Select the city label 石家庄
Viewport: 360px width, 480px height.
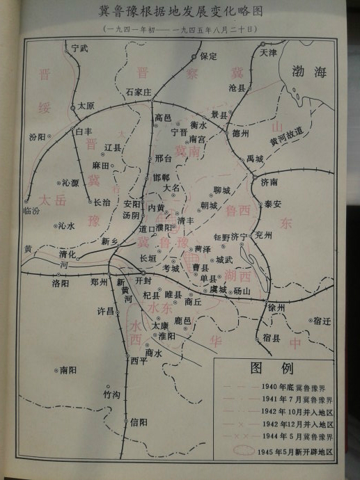pyautogui.click(x=139, y=91)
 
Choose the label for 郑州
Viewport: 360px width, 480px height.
pyautogui.click(x=100, y=282)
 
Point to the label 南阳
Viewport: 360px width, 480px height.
pyautogui.click(x=68, y=371)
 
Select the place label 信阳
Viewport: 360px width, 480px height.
pyautogui.click(x=139, y=422)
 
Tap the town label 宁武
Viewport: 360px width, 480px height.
pyautogui.click(x=81, y=48)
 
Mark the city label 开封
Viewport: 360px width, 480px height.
pyautogui.click(x=143, y=281)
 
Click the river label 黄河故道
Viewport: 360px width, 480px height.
pyautogui.click(x=288, y=137)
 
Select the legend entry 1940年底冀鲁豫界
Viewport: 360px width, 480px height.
pyautogui.click(x=297, y=387)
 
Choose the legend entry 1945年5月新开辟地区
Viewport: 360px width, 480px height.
pyautogui.click(x=295, y=451)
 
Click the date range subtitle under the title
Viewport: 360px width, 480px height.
pyautogui.click(x=180, y=29)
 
